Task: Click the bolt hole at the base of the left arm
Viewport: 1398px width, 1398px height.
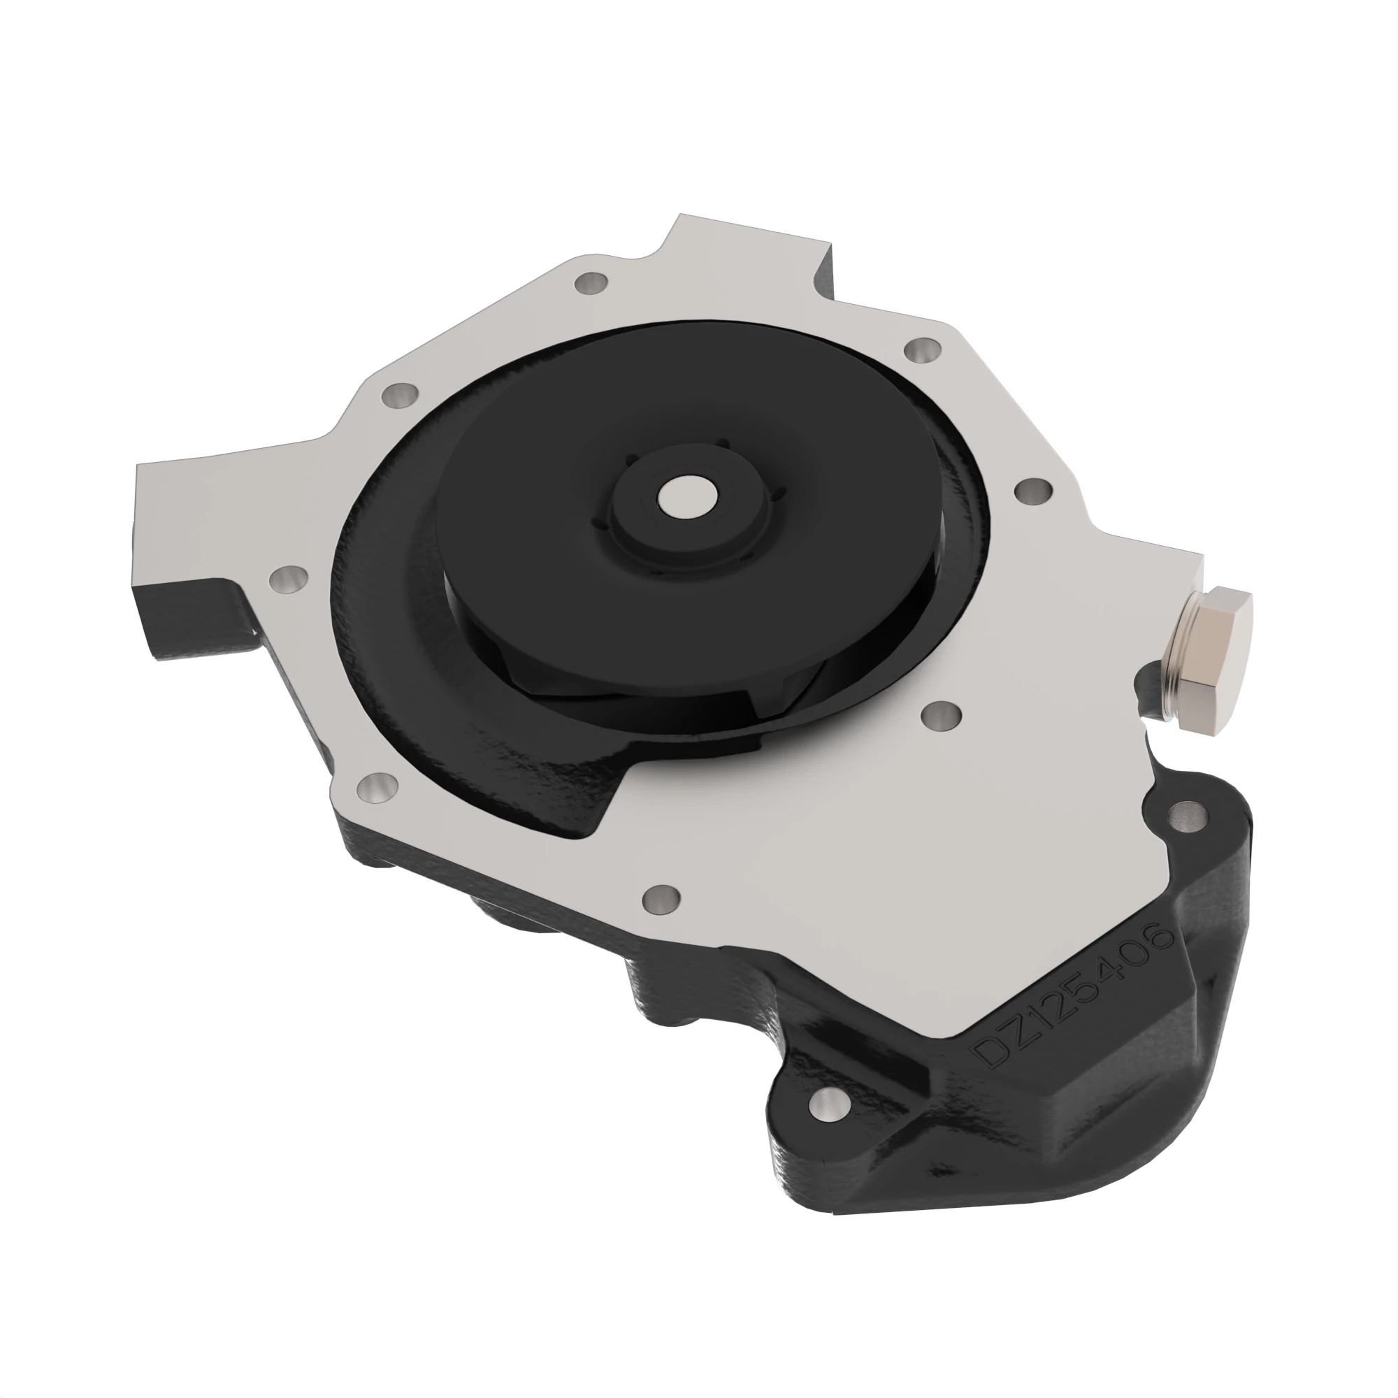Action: click(x=287, y=578)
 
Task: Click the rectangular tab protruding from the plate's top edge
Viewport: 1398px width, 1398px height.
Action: click(x=753, y=250)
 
